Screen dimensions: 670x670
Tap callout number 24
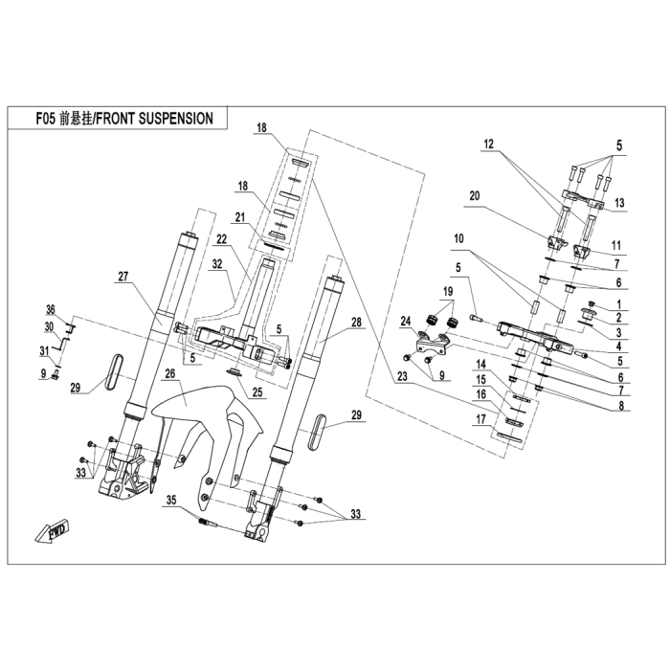[x=406, y=320]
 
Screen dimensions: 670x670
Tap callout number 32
[x=218, y=261]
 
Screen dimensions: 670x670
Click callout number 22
[x=221, y=238]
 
